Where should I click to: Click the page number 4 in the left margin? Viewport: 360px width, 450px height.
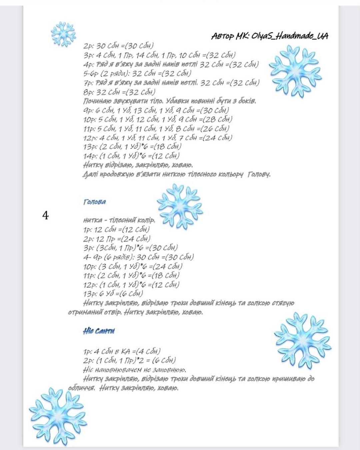[45, 216]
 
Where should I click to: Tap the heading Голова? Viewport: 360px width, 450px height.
[95, 202]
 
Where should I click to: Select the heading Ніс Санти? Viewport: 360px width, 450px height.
[99, 331]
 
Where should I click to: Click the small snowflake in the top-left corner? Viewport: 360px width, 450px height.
[63, 34]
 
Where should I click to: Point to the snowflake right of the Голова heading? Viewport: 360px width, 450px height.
[180, 206]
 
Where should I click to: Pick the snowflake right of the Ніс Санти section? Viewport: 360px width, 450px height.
[303, 340]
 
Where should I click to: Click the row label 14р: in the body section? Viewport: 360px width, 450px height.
[89, 156]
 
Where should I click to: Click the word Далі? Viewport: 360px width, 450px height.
[90, 174]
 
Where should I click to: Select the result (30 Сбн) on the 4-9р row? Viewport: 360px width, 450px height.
[182, 257]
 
